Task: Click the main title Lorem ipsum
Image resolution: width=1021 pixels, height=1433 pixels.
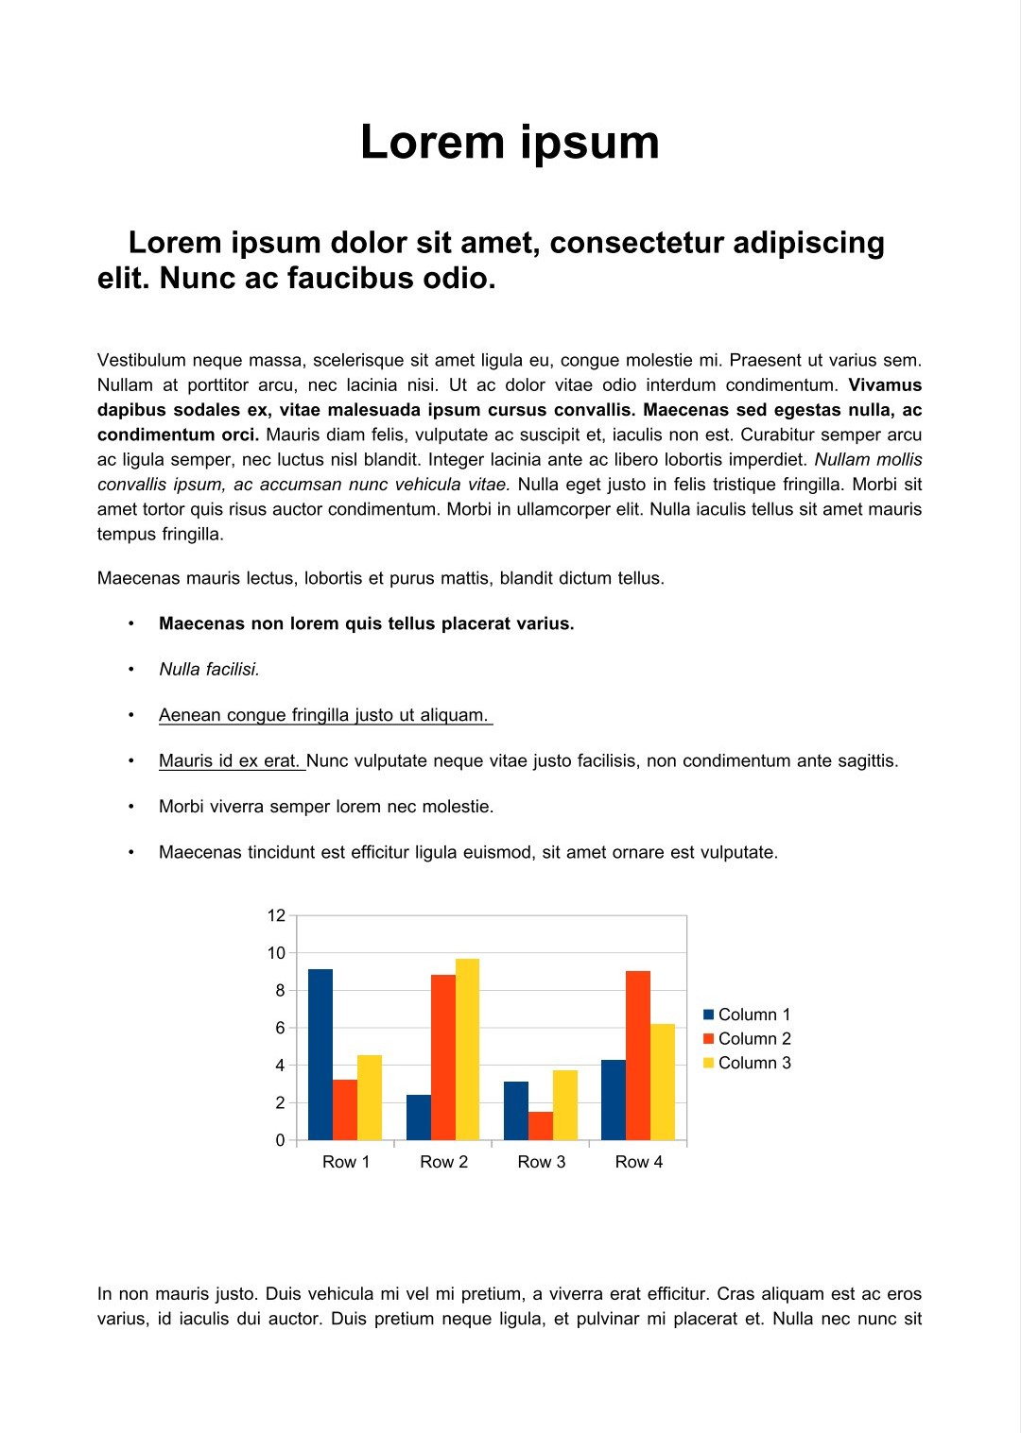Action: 510,143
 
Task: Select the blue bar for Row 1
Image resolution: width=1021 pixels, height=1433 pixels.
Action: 320,1054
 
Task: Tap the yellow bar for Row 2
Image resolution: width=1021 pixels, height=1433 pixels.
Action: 467,1049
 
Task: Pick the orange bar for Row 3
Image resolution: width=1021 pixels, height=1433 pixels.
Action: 541,1126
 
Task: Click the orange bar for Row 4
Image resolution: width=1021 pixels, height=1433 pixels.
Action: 638,1055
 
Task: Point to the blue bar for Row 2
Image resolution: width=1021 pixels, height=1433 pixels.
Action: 419,1117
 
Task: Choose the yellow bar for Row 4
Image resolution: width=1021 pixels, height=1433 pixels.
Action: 663,1082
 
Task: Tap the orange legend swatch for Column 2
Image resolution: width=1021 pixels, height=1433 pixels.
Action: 709,1039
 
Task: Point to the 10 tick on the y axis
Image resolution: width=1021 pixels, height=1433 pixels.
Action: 276,953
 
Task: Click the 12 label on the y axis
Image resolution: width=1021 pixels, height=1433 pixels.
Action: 276,915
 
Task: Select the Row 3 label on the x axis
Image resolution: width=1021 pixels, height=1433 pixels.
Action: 541,1162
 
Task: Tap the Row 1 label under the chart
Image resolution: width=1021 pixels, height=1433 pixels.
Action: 346,1162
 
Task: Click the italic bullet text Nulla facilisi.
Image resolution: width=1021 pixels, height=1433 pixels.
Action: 209,670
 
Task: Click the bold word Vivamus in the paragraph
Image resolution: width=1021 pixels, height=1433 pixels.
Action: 885,385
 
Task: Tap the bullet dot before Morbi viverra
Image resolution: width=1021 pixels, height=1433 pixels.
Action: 131,807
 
